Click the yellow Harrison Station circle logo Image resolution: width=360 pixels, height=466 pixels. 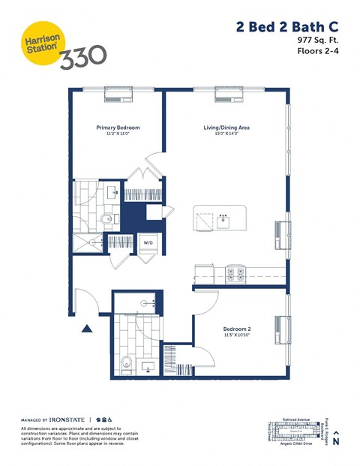pos(39,44)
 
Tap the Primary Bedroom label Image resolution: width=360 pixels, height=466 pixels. pos(118,128)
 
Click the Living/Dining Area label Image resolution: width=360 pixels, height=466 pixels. pos(226,128)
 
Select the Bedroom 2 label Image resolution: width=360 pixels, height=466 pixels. pos(237,329)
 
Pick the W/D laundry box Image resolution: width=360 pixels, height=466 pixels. pos(148,243)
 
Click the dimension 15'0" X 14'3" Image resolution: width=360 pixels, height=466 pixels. pos(226,134)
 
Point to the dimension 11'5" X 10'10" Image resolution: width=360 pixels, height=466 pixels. pos(237,335)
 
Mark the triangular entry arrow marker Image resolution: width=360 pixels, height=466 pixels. pos(88,327)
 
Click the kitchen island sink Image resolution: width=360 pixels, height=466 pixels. pos(223,220)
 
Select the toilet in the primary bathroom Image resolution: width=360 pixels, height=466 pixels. pos(106,218)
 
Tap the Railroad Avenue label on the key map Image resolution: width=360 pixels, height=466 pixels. pos(296,420)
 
